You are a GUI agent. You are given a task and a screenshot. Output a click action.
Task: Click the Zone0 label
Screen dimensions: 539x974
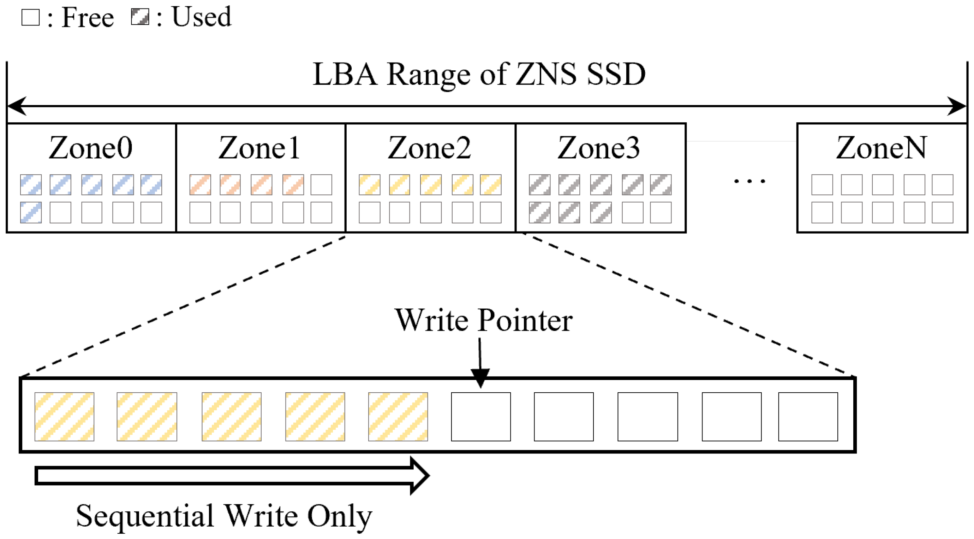pyautogui.click(x=91, y=148)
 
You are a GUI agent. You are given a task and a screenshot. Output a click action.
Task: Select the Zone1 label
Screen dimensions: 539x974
pyautogui.click(x=260, y=148)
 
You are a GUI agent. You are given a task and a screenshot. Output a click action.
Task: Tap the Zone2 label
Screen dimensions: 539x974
pyautogui.click(x=430, y=148)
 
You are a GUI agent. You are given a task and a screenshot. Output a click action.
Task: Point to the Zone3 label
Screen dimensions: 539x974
pyautogui.click(x=599, y=148)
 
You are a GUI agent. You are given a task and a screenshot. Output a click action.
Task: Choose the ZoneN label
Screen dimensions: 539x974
pyautogui.click(x=882, y=148)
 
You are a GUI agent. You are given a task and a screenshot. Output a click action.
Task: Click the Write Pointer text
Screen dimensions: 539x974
pyautogui.click(x=484, y=321)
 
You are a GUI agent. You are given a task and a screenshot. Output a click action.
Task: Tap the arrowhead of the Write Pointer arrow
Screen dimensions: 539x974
pyautogui.click(x=480, y=379)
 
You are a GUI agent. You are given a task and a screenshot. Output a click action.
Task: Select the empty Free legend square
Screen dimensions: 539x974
pyautogui.click(x=31, y=17)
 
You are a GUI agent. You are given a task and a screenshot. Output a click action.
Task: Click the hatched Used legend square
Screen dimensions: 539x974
pyautogui.click(x=140, y=17)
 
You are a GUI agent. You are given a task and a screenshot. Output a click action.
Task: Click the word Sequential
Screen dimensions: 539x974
pyautogui.click(x=145, y=516)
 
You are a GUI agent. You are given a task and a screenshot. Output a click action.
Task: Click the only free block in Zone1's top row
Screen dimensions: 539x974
pyautogui.click(x=321, y=185)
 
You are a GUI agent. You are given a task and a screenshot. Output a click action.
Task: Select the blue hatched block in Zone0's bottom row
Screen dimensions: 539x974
pyautogui.click(x=31, y=212)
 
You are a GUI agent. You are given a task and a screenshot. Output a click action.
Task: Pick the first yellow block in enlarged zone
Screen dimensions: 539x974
pyautogui.click(x=64, y=417)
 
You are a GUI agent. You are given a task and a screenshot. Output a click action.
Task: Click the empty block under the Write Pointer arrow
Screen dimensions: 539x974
pyautogui.click(x=481, y=417)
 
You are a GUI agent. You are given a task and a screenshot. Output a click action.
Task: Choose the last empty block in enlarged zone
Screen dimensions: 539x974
pyautogui.click(x=808, y=417)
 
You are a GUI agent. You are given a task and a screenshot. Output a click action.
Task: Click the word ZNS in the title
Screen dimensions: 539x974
pyautogui.click(x=546, y=74)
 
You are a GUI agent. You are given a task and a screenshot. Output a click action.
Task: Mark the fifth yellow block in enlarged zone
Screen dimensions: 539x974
pyautogui.click(x=398, y=417)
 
